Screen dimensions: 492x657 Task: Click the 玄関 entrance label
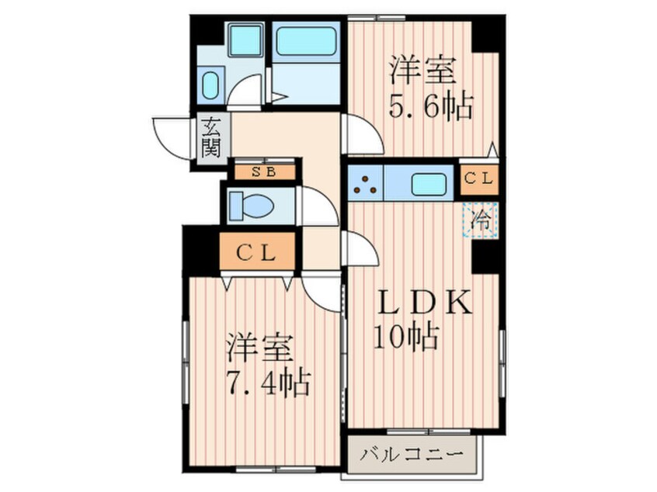pyautogui.click(x=210, y=137)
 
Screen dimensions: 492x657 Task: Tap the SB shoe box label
pyautogui.click(x=263, y=172)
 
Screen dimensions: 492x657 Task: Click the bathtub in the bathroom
pyautogui.click(x=306, y=43)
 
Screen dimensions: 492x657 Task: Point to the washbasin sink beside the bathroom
pyautogui.click(x=210, y=85)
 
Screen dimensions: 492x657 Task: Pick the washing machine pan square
pyautogui.click(x=247, y=40)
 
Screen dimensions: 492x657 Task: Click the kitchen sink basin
pyautogui.click(x=426, y=184)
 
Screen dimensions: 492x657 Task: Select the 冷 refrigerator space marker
pyautogui.click(x=481, y=219)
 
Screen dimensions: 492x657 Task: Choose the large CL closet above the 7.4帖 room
pyautogui.click(x=256, y=252)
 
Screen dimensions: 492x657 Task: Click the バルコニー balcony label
pyautogui.click(x=413, y=453)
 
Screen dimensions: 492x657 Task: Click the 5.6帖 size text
pyautogui.click(x=432, y=107)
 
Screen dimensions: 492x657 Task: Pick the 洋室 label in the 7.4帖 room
pyautogui.click(x=259, y=347)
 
